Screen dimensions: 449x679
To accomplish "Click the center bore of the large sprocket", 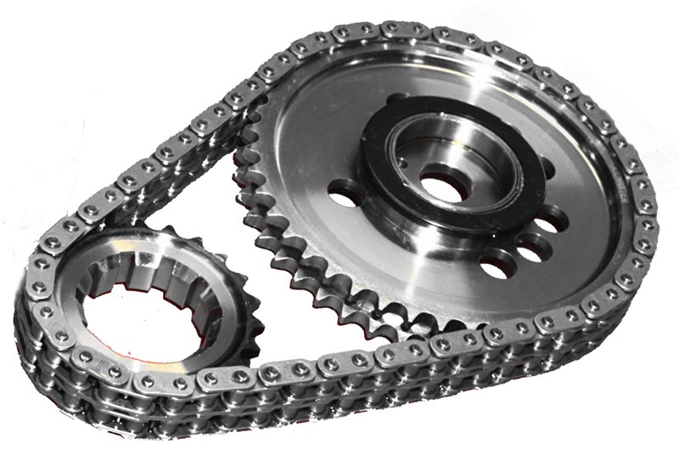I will pos(441,182).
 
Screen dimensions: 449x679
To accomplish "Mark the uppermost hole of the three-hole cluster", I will pos(553,222).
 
